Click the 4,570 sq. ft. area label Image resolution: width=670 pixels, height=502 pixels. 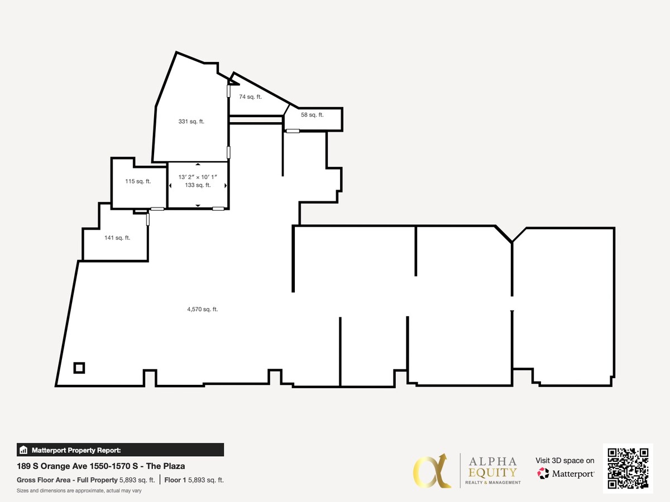(x=202, y=309)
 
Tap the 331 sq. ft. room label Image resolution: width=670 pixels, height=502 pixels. (x=191, y=122)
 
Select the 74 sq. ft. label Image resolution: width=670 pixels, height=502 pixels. (x=250, y=96)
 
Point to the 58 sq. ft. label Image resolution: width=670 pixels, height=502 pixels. (x=312, y=115)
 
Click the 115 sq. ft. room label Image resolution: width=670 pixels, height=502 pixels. (x=138, y=181)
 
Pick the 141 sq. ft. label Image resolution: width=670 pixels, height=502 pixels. (x=117, y=238)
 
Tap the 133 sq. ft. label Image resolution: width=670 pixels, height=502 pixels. (x=198, y=185)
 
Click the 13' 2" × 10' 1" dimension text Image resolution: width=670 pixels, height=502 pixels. (x=198, y=177)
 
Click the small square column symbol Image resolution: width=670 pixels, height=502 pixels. (x=79, y=368)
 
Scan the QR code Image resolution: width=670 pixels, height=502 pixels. (x=628, y=469)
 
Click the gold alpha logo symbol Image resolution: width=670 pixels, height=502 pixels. (x=432, y=470)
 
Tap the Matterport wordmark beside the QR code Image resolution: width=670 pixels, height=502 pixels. (x=573, y=474)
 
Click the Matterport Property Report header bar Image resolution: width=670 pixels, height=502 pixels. (x=121, y=450)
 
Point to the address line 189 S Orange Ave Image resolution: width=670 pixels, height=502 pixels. (x=101, y=466)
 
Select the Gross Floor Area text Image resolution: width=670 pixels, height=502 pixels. (x=67, y=480)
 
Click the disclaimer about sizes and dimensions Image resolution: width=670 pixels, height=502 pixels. (x=79, y=490)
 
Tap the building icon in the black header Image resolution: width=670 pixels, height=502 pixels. (x=23, y=450)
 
